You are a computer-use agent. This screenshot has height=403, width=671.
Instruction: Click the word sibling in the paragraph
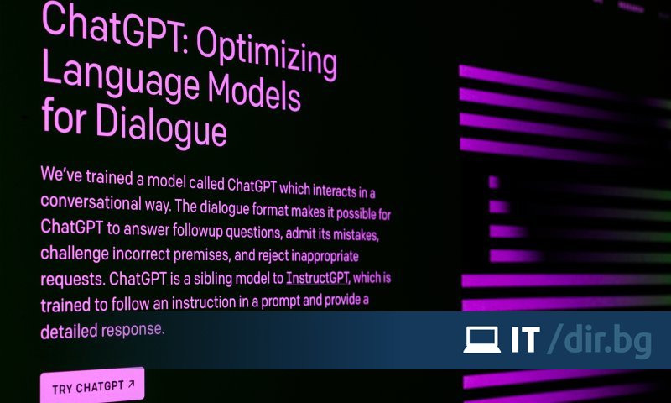point(218,277)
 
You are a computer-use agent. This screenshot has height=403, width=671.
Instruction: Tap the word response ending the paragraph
point(133,328)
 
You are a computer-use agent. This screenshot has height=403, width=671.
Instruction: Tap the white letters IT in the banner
point(524,340)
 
